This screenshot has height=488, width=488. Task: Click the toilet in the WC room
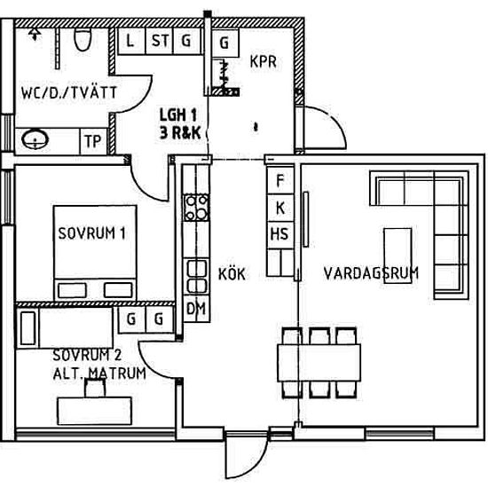point(83,40)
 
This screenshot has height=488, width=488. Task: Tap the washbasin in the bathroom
point(35,139)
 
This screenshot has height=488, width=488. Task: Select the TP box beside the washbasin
point(93,141)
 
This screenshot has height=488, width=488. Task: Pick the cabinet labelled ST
point(160,42)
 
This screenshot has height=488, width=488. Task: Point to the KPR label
point(264,61)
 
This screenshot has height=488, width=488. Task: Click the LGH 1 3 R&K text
point(179,123)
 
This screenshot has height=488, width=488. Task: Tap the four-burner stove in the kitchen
point(196,208)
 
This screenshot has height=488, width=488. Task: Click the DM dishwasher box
point(196,309)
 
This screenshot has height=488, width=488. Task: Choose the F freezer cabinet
point(280,180)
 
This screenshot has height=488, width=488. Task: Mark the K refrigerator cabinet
point(280,208)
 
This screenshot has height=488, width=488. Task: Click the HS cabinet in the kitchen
point(279,234)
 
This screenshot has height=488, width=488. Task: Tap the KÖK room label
point(232,274)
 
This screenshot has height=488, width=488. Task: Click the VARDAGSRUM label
point(371,273)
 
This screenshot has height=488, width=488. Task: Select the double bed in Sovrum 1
point(95,252)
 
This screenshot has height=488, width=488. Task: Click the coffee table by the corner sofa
point(397,256)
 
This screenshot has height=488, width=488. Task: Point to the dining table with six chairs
point(319,363)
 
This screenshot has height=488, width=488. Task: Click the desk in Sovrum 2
point(94,411)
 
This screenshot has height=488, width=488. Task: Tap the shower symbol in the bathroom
point(35,34)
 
